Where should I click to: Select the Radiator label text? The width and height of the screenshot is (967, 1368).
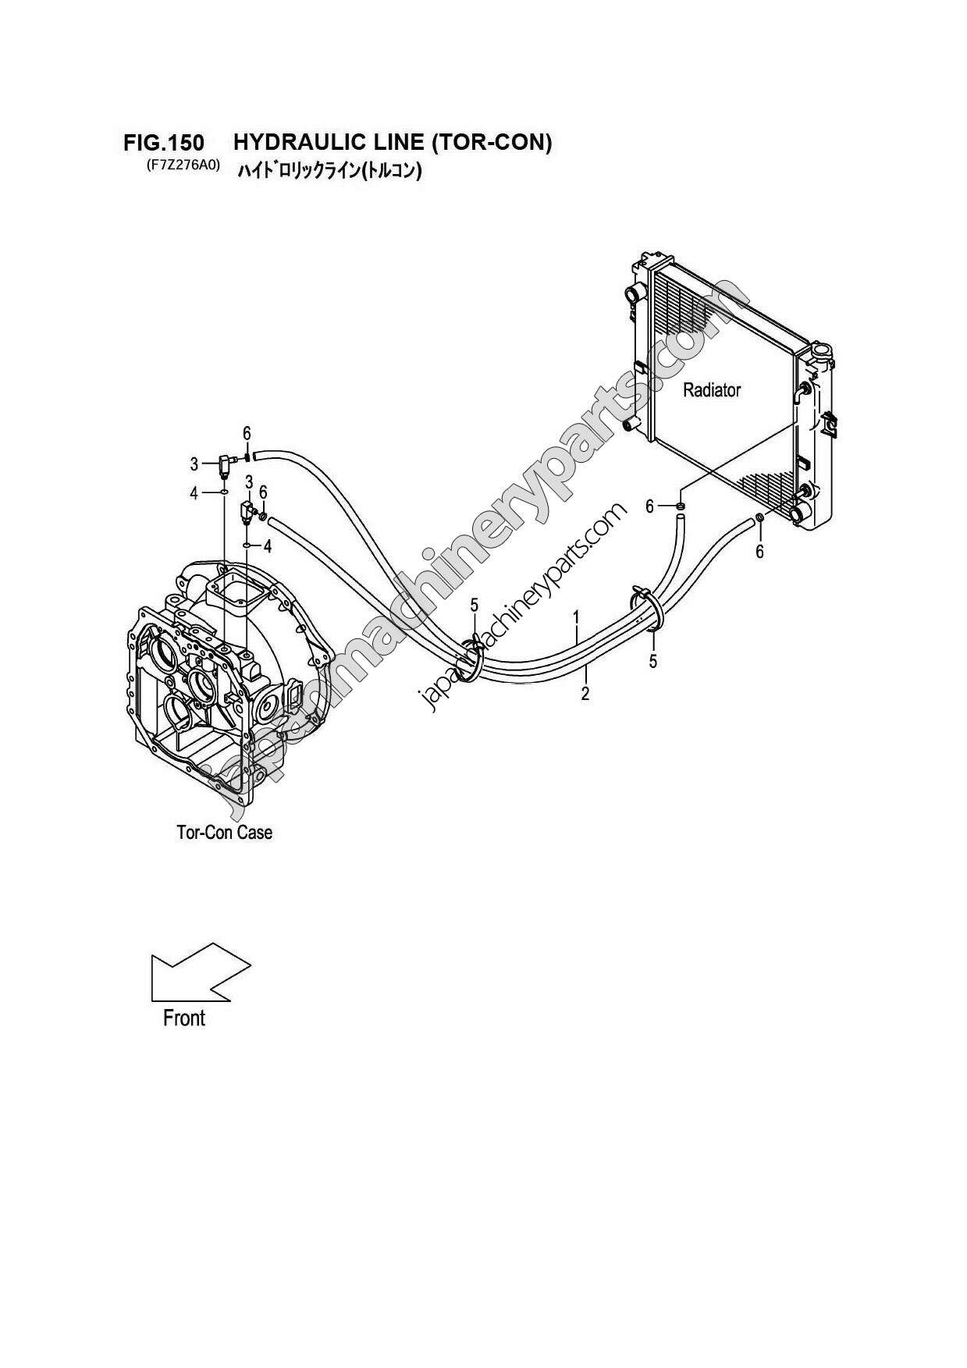point(711,390)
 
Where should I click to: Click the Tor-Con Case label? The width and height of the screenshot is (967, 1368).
point(225,833)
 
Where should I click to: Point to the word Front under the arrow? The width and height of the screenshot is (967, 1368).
point(184,1018)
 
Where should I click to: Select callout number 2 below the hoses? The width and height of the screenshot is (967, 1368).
point(585,693)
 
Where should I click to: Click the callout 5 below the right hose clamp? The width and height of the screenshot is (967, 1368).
point(653,662)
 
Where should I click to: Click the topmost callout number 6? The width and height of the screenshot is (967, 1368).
point(247,433)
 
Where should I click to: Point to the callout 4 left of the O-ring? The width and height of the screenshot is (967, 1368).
point(194,493)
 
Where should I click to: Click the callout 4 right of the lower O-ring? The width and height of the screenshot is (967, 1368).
point(268,546)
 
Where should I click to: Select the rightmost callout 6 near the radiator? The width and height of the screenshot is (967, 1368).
point(759,552)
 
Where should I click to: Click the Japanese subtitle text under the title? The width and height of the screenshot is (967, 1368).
point(329,169)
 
